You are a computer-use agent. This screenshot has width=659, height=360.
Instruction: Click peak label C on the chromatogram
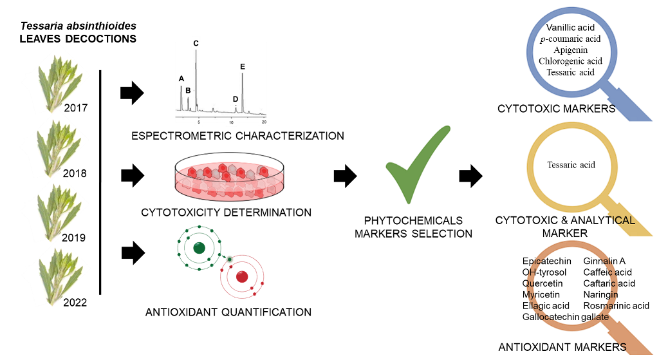196,43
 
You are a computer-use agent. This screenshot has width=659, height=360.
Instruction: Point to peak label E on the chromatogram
242,66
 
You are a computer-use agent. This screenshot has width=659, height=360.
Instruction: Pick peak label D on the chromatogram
236,99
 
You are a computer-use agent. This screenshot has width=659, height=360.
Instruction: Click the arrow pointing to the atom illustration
132,252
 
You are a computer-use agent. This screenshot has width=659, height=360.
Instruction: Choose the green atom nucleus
199,247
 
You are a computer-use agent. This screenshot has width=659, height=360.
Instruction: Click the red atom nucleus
242,277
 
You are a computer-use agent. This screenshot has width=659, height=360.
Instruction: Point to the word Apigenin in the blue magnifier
570,50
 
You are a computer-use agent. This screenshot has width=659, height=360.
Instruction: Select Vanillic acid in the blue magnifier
570,28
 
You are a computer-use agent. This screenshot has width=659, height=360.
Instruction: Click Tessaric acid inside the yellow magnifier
571,165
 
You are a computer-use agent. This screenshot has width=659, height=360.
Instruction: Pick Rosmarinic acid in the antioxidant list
616,305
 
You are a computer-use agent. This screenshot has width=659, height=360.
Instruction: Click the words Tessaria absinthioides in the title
79,27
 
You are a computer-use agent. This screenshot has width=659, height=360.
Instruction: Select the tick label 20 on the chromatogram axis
264,122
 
